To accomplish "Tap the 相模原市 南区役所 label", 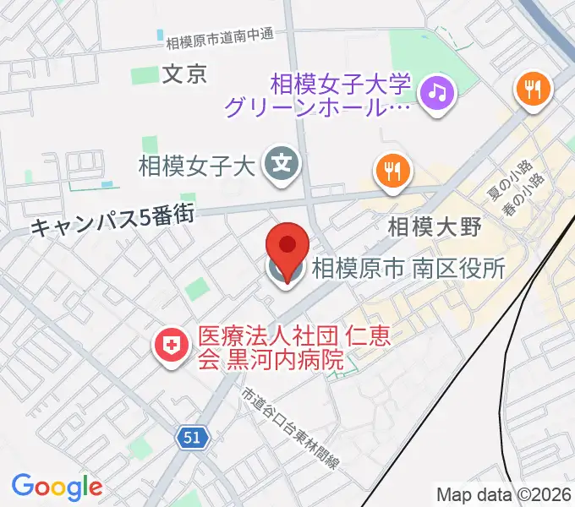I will [408, 270].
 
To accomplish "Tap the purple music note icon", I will [436, 90].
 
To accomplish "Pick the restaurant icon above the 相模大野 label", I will [392, 172].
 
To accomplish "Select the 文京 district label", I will [183, 74].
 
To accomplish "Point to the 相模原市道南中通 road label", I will [220, 38].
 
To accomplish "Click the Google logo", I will [57, 486].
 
